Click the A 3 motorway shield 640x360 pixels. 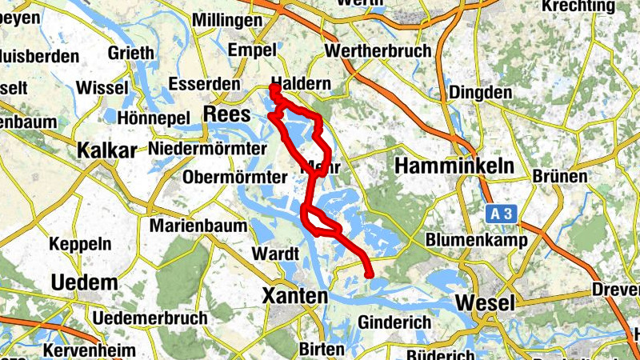click(502, 214)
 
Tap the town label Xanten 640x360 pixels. click(295, 297)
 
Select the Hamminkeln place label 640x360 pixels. click(447, 166)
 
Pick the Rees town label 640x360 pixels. click(228, 114)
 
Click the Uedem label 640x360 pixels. click(83, 282)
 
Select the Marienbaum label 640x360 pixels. click(198, 226)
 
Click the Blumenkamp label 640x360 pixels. click(476, 240)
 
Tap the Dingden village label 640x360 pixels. click(480, 93)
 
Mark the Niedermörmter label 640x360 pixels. click(207, 148)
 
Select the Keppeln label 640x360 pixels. click(78, 243)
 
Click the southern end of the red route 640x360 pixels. click(368, 275)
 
